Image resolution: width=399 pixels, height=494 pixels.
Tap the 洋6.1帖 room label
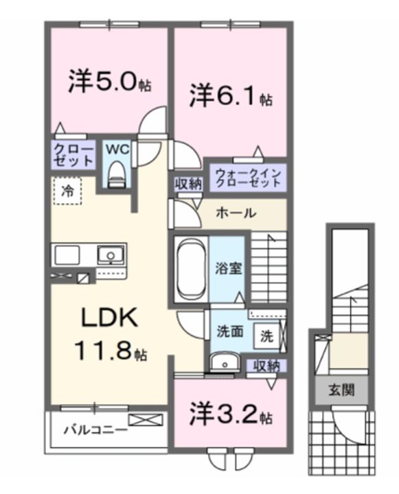[x=231, y=97]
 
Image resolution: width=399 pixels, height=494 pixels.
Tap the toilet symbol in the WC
[x=115, y=172]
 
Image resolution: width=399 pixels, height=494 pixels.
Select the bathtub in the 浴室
[x=189, y=267]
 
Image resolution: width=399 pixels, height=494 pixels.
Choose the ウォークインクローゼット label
[x=247, y=177]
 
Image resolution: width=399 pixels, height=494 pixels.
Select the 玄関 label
[x=341, y=391]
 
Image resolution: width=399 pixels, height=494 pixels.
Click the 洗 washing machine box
[x=266, y=337]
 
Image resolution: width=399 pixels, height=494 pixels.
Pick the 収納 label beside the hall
[x=187, y=183]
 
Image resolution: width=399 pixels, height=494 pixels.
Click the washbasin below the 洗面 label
[x=223, y=362]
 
